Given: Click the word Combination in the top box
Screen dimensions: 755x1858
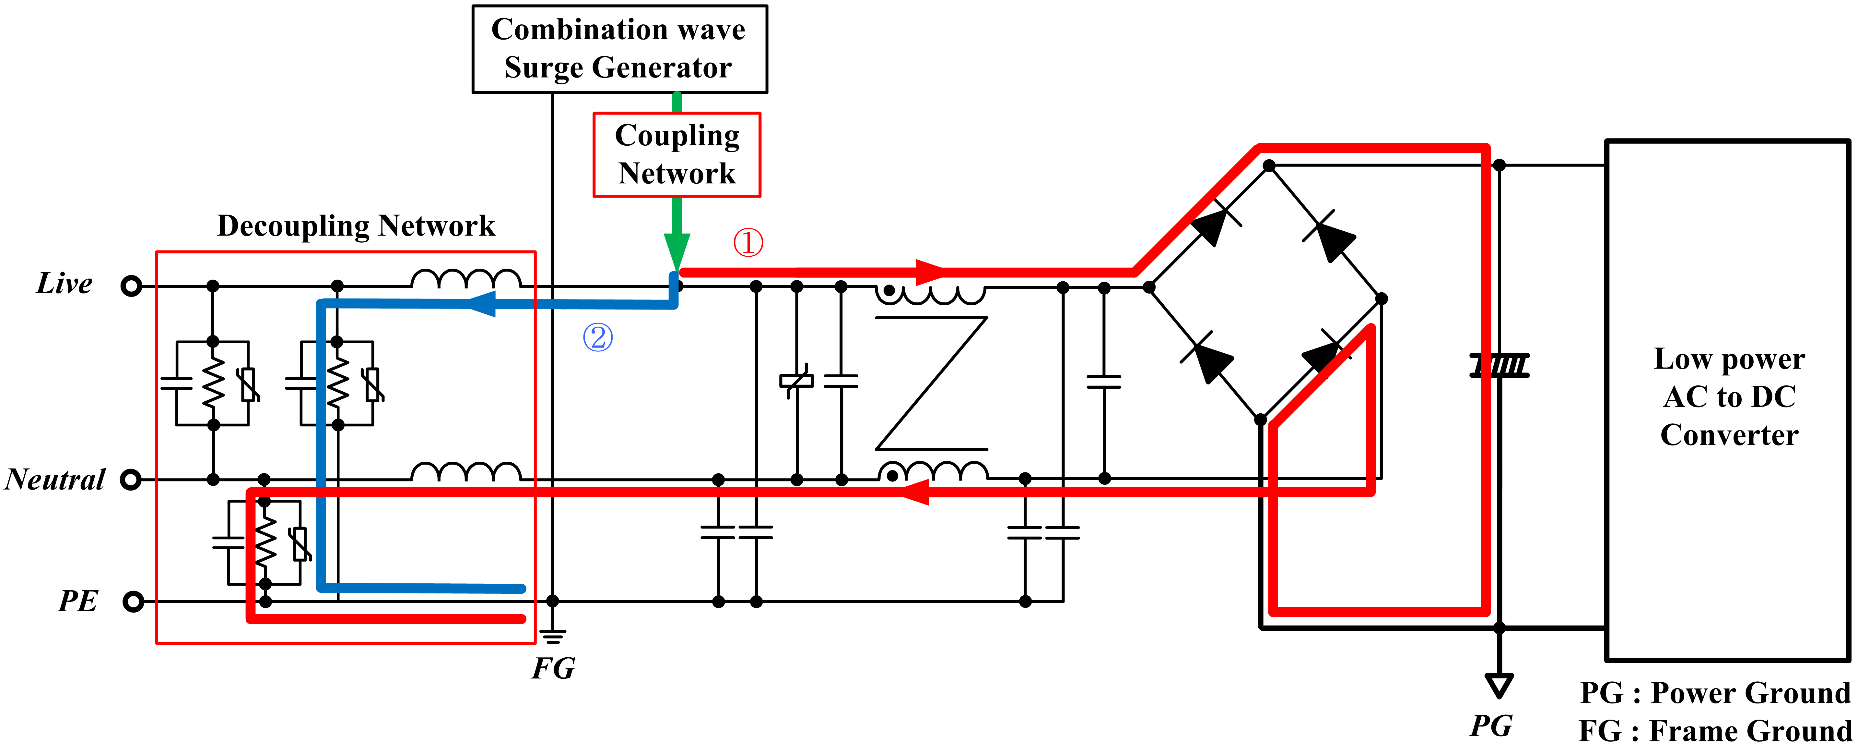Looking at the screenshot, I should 569,30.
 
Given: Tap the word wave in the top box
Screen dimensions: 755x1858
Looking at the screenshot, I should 711,30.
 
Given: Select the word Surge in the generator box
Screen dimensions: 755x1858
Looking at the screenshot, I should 543,68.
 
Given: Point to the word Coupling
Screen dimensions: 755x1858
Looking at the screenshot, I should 676,136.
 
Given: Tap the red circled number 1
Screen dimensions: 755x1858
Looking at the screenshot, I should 748,242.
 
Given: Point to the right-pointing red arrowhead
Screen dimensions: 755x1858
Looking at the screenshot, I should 930,272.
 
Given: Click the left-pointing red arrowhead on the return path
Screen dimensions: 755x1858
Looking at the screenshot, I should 914,492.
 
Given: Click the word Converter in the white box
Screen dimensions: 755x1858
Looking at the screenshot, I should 1729,434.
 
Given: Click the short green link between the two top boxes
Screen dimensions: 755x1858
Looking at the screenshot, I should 676,102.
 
